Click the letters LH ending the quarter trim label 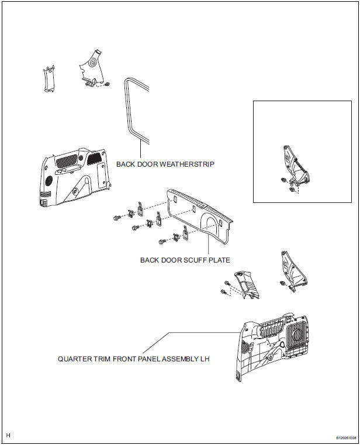(205, 358)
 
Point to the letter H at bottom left (8, 436)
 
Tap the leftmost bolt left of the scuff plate (116, 218)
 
